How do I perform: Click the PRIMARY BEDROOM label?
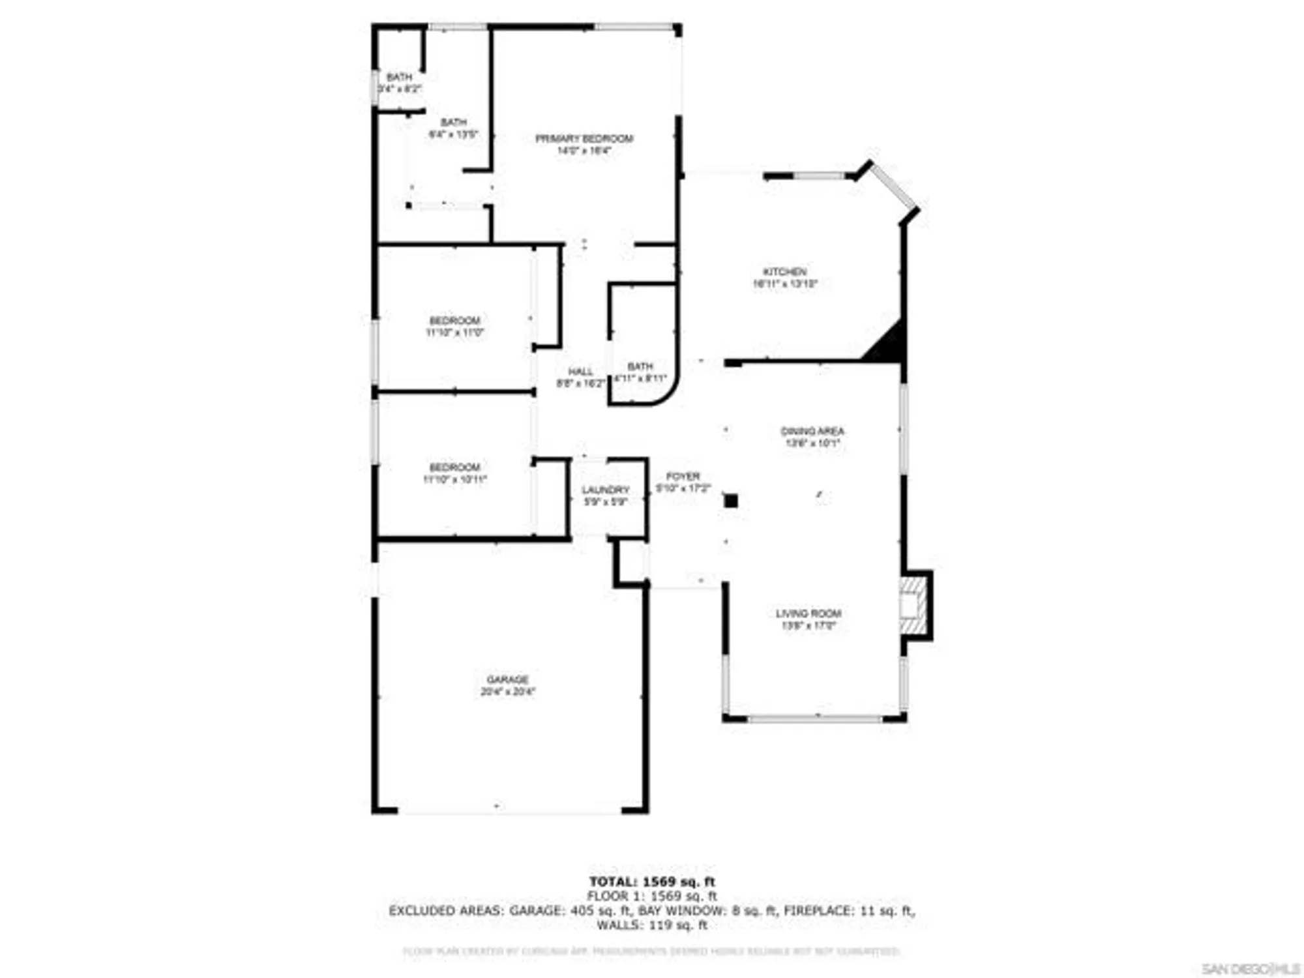(x=584, y=138)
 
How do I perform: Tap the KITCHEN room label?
(x=785, y=271)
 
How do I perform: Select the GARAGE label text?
(x=507, y=679)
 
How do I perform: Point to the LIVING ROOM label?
(x=808, y=614)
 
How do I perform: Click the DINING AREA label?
(x=812, y=431)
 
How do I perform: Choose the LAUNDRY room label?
(x=605, y=490)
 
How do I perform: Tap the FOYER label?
(x=683, y=477)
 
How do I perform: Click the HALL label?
(x=580, y=372)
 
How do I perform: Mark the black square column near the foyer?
(x=731, y=501)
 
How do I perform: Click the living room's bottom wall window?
(x=814, y=719)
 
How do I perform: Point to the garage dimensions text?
(x=507, y=692)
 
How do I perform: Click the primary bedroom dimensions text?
(x=584, y=151)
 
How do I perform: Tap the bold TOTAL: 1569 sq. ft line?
(x=652, y=882)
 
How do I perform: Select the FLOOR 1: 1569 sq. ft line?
(x=652, y=896)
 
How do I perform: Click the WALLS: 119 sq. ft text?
(x=652, y=925)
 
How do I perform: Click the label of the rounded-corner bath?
(x=640, y=366)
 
